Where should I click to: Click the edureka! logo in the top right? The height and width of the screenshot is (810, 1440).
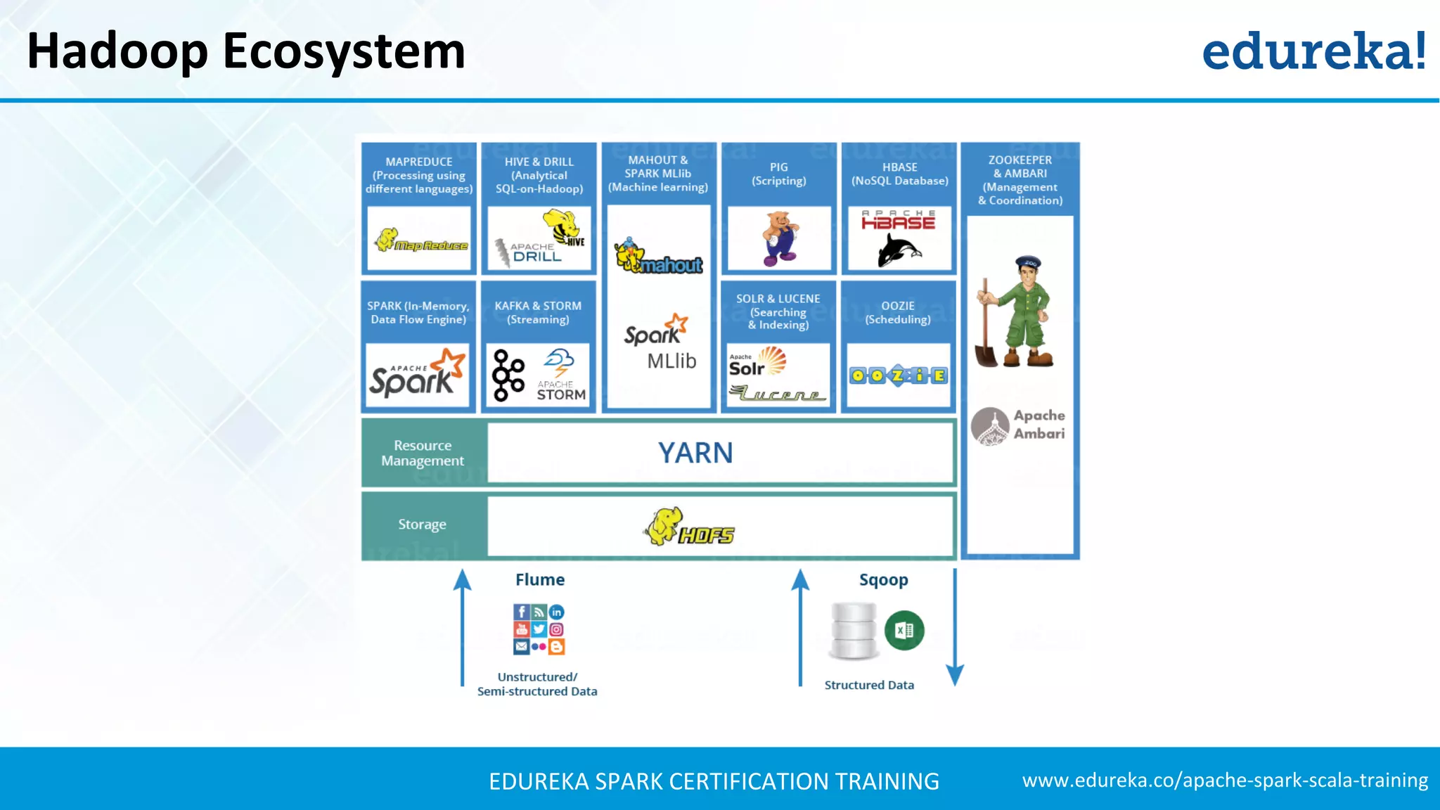coord(1313,51)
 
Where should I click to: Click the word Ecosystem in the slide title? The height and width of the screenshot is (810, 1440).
coord(344,52)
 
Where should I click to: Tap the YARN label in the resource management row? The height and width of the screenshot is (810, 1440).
coord(695,454)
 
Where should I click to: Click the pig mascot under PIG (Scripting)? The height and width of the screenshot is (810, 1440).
coord(780,238)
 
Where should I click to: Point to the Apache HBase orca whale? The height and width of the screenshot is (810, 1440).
coord(899,250)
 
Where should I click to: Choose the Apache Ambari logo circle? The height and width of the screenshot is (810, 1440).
coord(990,426)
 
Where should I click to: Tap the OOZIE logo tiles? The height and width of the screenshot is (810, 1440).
coord(898,376)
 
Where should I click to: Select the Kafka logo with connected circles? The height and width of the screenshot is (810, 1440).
coord(508,375)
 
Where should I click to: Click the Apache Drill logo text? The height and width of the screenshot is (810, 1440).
coord(536,253)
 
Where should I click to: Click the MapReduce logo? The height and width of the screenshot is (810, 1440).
coord(420,240)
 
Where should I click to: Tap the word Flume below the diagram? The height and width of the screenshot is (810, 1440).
coord(540,580)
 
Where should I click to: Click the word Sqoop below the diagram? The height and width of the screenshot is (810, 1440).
coord(883,580)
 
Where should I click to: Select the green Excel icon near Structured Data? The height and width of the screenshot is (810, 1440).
coord(904,631)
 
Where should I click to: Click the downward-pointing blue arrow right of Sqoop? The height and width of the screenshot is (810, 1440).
coord(954,633)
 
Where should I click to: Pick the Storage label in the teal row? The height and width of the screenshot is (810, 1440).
coord(422,525)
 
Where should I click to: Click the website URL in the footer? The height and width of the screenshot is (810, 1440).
coord(1225,780)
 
